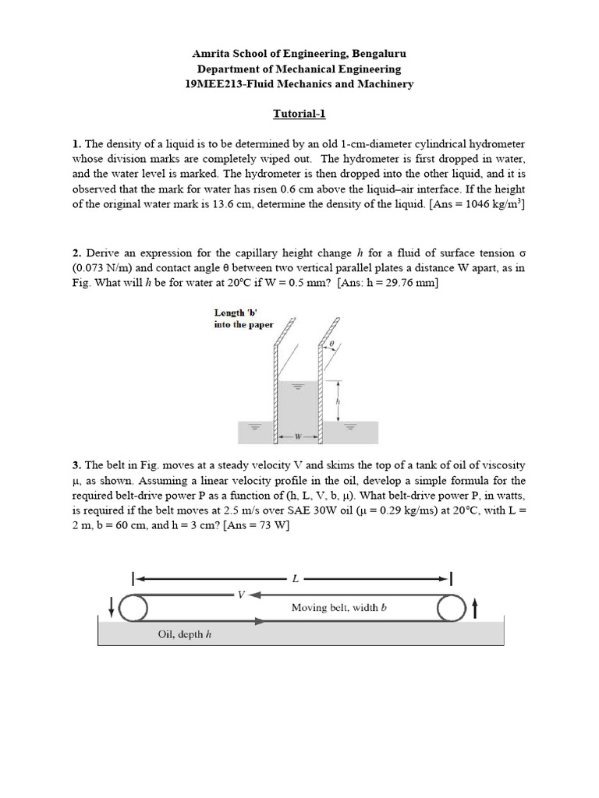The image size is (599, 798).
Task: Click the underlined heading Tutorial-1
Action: [299, 114]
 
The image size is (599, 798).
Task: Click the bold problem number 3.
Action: [76, 465]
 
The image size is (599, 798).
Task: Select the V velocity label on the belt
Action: [241, 595]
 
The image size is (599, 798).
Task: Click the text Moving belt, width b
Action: [339, 607]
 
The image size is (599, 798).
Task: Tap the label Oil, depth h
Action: [185, 634]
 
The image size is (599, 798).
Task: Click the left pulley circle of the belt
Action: [134, 608]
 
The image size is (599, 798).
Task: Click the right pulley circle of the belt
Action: [451, 608]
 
